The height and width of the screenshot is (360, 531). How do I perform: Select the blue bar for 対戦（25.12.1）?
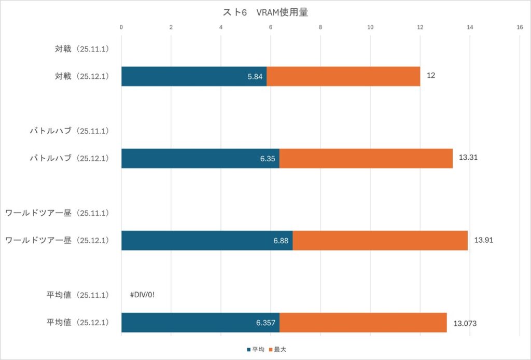point(193,76)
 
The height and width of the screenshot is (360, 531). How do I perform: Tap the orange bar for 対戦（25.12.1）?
point(343,76)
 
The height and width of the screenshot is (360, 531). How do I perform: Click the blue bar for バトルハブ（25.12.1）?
point(200,158)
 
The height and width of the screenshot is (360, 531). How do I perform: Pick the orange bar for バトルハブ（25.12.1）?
point(366,158)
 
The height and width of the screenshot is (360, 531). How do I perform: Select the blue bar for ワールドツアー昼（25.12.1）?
point(207,240)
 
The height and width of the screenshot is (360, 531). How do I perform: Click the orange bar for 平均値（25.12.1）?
point(363,322)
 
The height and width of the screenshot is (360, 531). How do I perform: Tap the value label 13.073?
point(465,323)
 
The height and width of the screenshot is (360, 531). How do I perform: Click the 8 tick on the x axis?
point(320,27)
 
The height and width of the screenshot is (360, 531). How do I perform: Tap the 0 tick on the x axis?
point(121,27)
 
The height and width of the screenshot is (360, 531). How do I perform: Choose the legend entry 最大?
point(282,350)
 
